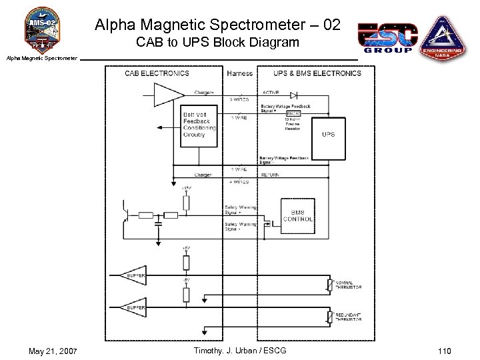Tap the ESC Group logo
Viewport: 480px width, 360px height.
coord(387,37)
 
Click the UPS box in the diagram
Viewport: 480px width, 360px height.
coord(329,135)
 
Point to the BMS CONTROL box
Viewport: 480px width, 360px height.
coord(298,215)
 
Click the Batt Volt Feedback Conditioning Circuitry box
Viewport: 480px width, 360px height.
coord(199,125)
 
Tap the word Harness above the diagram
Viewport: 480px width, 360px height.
coord(240,73)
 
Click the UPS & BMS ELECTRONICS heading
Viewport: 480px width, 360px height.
coord(317,73)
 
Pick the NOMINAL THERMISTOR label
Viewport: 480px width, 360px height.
coord(348,285)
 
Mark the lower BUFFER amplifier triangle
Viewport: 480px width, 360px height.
coord(133,307)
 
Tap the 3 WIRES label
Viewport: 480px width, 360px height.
coord(239,99)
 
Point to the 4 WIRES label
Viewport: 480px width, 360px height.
coord(239,181)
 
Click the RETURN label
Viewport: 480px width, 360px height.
coord(271,175)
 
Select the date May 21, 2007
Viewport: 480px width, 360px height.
coord(53,351)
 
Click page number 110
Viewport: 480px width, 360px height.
coord(445,351)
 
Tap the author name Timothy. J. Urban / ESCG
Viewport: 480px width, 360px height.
coord(240,351)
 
